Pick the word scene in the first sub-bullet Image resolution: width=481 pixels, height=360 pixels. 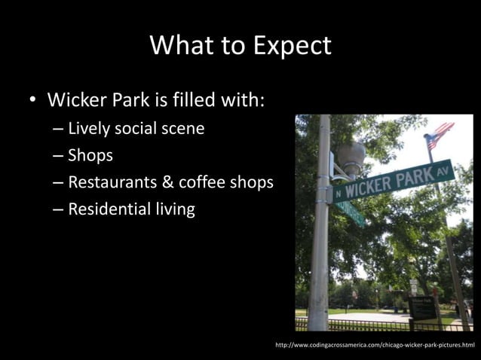coord(181,128)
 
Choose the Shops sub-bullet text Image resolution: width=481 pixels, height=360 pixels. coord(90,156)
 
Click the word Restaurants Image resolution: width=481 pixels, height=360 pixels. coord(112,182)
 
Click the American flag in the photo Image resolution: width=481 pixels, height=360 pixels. coord(438,136)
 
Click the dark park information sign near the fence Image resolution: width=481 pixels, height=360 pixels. coord(422,308)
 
